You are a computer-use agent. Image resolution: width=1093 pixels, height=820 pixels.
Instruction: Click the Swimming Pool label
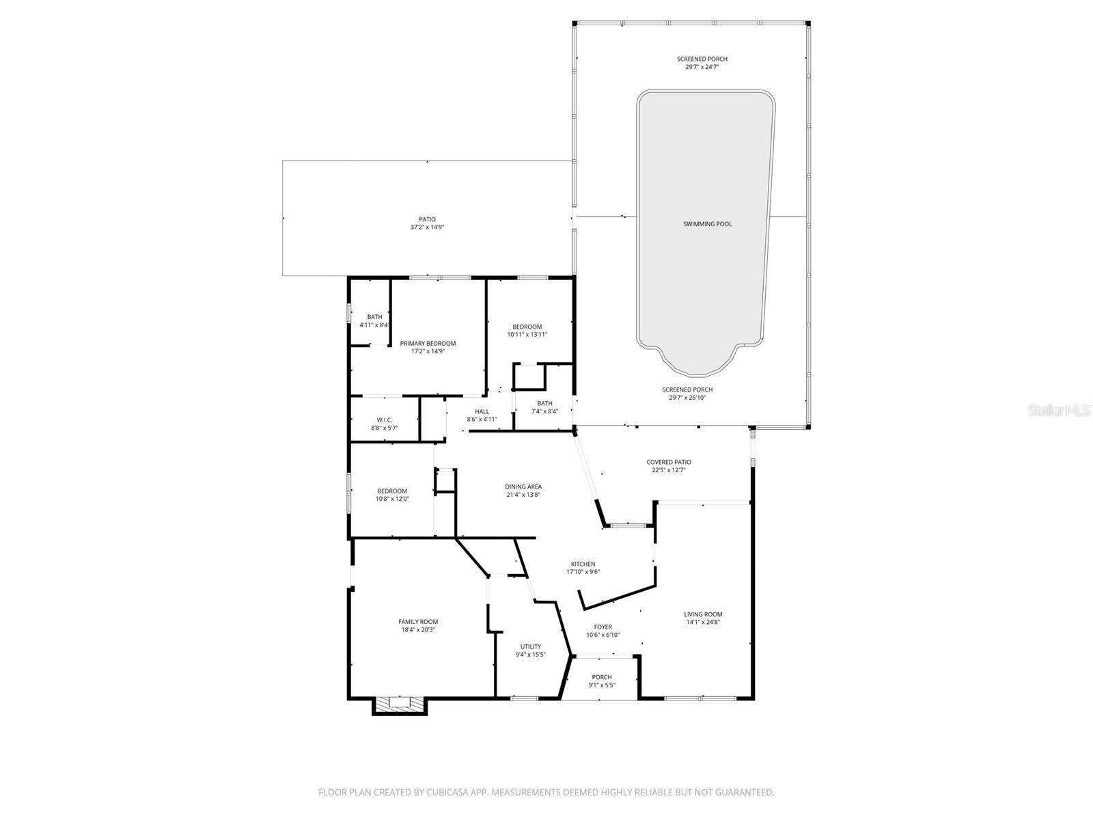[707, 224]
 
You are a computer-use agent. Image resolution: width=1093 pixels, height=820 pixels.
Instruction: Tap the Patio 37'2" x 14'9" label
[427, 223]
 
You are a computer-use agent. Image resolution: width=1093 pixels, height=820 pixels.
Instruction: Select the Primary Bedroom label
[428, 347]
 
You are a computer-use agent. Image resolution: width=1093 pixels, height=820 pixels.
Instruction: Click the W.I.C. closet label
[385, 424]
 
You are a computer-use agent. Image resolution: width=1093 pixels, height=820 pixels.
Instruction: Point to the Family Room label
[418, 625]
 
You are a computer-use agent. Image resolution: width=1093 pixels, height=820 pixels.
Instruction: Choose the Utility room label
[531, 650]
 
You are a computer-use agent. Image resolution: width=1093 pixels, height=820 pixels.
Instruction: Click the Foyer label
[603, 630]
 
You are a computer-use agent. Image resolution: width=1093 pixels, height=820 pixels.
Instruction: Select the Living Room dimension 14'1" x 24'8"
[703, 623]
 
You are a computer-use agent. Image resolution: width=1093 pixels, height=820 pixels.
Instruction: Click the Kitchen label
[583, 568]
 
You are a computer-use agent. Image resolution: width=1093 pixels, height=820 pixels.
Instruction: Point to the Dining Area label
[523, 491]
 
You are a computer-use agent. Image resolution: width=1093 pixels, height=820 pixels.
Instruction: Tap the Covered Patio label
[669, 466]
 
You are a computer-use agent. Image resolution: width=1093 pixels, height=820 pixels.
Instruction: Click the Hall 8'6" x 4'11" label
[482, 415]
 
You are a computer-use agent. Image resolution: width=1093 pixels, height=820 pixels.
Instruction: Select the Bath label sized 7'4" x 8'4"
[544, 407]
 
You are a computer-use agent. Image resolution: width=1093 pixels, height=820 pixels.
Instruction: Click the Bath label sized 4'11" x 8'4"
[374, 320]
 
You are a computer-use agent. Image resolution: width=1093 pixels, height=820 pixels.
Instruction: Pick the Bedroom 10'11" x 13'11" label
[527, 330]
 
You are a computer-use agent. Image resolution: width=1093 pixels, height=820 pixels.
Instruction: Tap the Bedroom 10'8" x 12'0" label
[392, 495]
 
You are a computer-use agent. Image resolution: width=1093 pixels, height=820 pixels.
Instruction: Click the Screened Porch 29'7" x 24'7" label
[702, 63]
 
